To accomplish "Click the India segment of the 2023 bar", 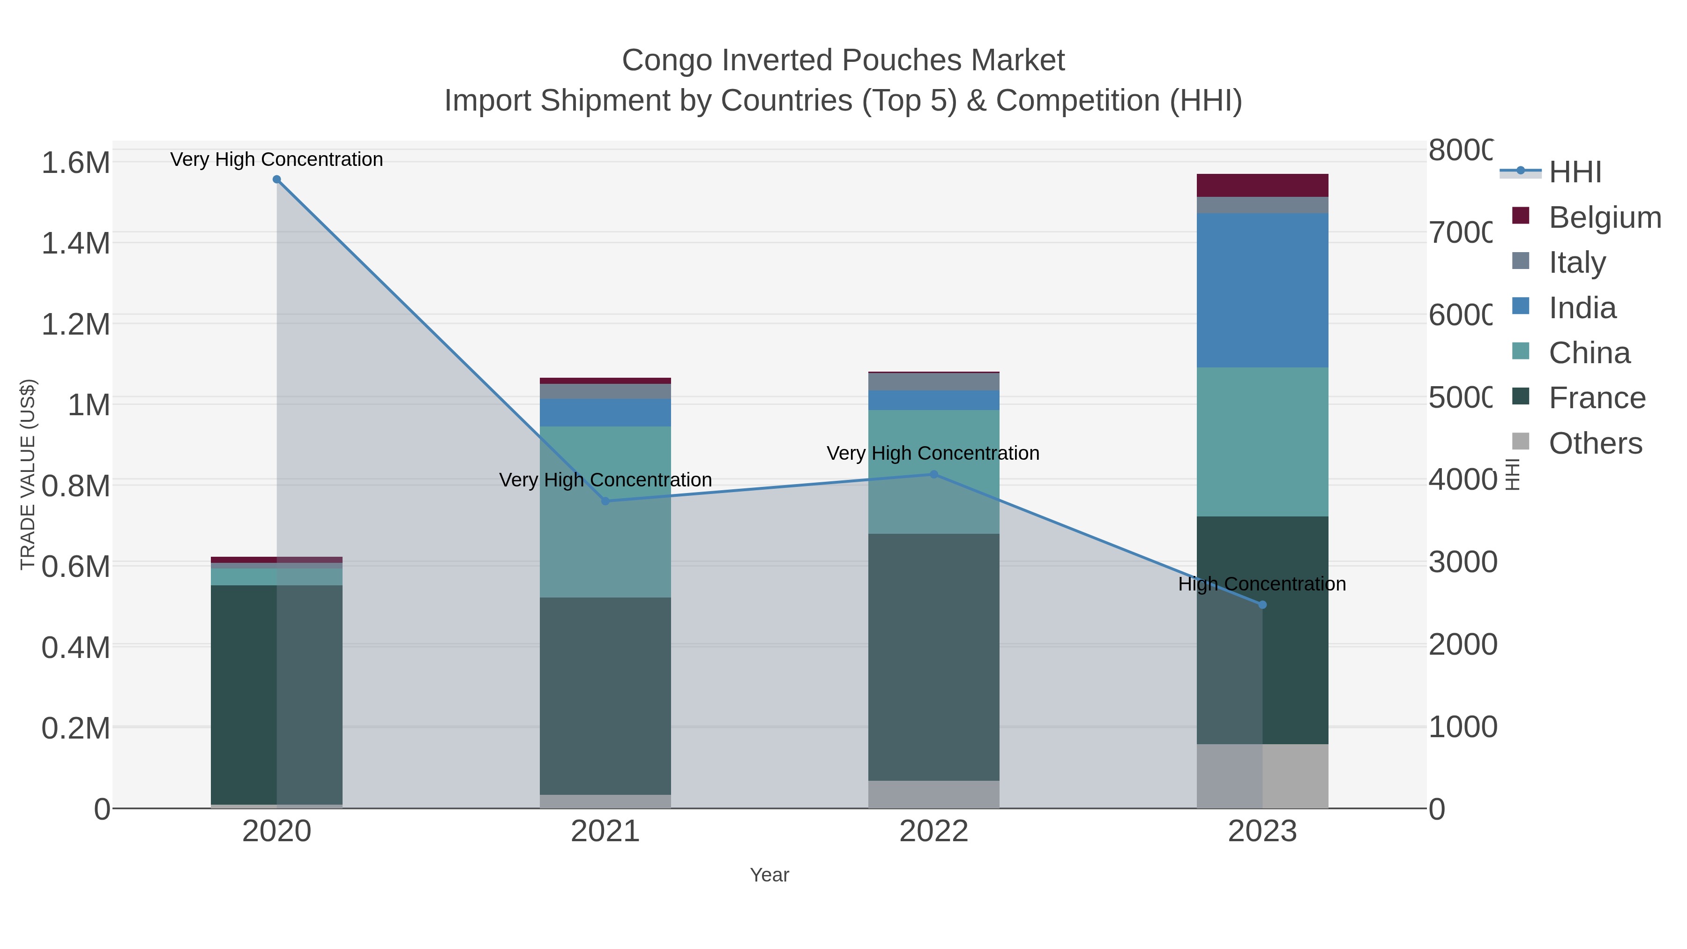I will click(x=1262, y=290).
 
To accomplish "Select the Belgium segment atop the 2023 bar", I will click(x=1262, y=185).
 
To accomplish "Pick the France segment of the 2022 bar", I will click(x=933, y=657).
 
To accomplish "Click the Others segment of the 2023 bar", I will click(x=1262, y=776).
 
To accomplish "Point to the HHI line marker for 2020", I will click(x=276, y=179).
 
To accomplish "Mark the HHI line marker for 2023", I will click(x=1262, y=605).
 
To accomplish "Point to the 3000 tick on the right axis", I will click(x=1462, y=562).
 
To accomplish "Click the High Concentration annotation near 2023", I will click(x=1262, y=583).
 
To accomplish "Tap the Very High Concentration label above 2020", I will click(x=276, y=159).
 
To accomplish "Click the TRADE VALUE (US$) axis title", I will click(x=28, y=474).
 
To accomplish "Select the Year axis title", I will click(x=769, y=875).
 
